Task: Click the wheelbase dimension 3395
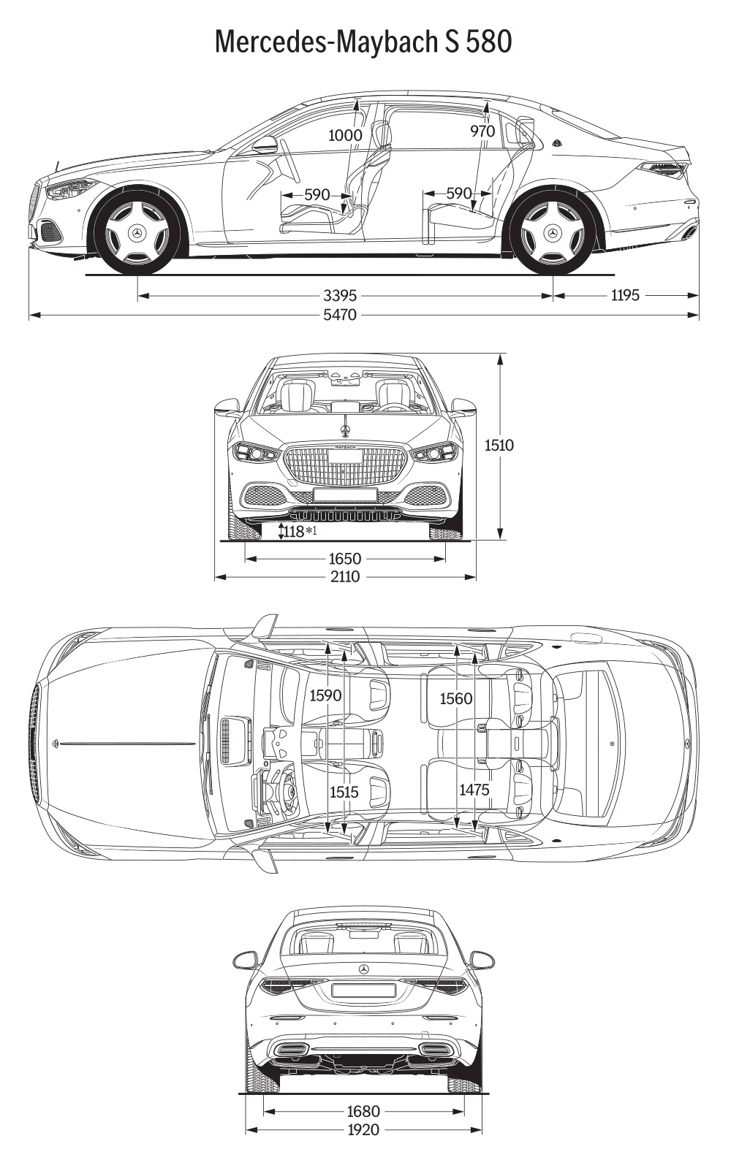click(x=340, y=296)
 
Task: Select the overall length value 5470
click(x=340, y=314)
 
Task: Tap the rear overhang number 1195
click(x=624, y=296)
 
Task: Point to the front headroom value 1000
click(x=345, y=135)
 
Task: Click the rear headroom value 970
click(x=482, y=131)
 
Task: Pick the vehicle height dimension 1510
click(x=499, y=445)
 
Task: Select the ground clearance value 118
click(x=294, y=531)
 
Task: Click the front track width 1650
click(x=345, y=559)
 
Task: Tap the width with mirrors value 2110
click(x=345, y=576)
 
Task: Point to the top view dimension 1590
click(x=325, y=695)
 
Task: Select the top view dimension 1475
click(x=474, y=790)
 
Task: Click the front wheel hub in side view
click(x=137, y=232)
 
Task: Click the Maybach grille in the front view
click(x=345, y=464)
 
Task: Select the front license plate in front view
click(x=345, y=495)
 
